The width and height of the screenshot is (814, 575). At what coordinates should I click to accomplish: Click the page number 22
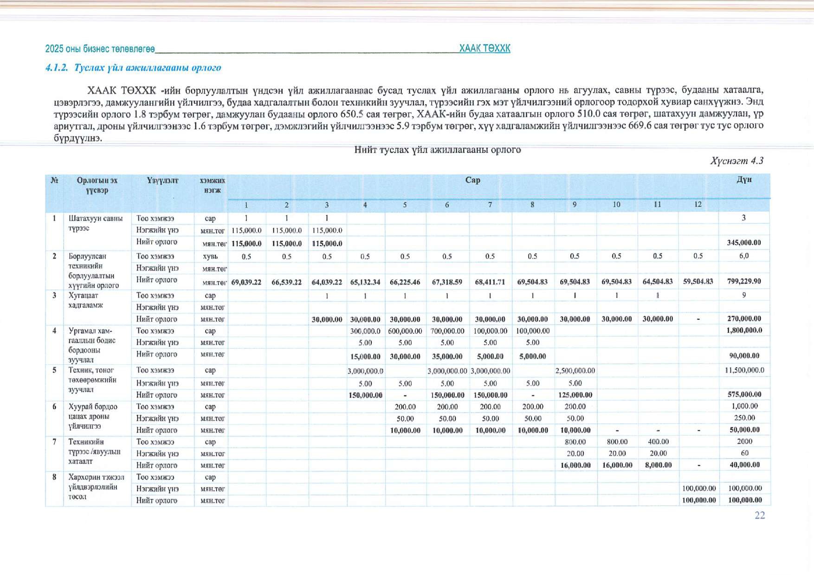[x=760, y=515]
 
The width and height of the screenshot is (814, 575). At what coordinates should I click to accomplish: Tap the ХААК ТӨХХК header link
[x=485, y=48]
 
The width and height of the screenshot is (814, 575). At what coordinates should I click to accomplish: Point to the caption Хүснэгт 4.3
[x=736, y=161]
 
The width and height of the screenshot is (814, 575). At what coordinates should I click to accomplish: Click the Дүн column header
[x=744, y=180]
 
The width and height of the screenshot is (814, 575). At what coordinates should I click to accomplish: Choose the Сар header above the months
[x=472, y=180]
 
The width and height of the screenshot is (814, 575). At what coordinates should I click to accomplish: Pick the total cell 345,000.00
[x=743, y=243]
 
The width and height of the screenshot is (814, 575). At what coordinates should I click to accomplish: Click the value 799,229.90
[x=744, y=281]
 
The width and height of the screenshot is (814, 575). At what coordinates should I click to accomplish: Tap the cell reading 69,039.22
[x=246, y=282]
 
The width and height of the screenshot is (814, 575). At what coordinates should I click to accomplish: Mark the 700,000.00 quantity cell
[x=447, y=331]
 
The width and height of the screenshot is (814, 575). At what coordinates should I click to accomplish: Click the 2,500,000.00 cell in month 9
[x=575, y=371]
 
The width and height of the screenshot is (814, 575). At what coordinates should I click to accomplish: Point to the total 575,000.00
[x=744, y=394]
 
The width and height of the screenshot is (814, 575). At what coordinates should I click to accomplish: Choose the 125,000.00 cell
[x=575, y=395]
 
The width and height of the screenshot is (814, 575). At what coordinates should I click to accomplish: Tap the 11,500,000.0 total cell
[x=744, y=370]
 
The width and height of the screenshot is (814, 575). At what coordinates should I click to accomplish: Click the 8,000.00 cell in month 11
[x=658, y=465]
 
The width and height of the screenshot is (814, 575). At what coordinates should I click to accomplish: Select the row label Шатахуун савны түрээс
[x=96, y=223]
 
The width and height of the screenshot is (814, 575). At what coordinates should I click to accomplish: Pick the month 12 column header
[x=698, y=205]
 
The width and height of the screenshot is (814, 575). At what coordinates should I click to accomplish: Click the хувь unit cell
[x=210, y=257]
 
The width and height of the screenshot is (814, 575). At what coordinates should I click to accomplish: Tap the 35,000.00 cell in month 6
[x=447, y=356]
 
